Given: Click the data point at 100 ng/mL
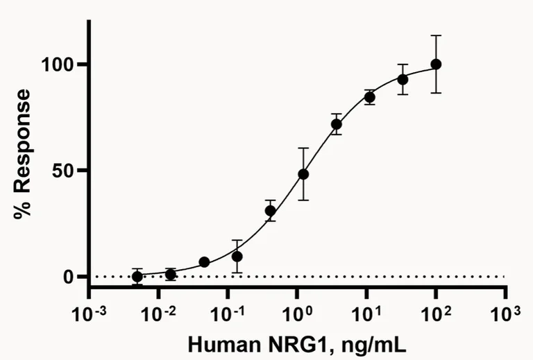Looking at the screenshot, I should (x=436, y=64).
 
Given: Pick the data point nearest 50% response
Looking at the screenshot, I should (x=303, y=174).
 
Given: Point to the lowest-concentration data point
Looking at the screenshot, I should (x=137, y=276).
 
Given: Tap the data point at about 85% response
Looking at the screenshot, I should (x=370, y=97).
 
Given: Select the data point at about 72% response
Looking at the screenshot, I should (x=337, y=124).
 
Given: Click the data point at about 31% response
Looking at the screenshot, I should (x=271, y=210).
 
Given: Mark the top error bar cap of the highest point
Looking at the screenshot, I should (x=436, y=35).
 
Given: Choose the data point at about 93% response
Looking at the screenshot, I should (x=403, y=79).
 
